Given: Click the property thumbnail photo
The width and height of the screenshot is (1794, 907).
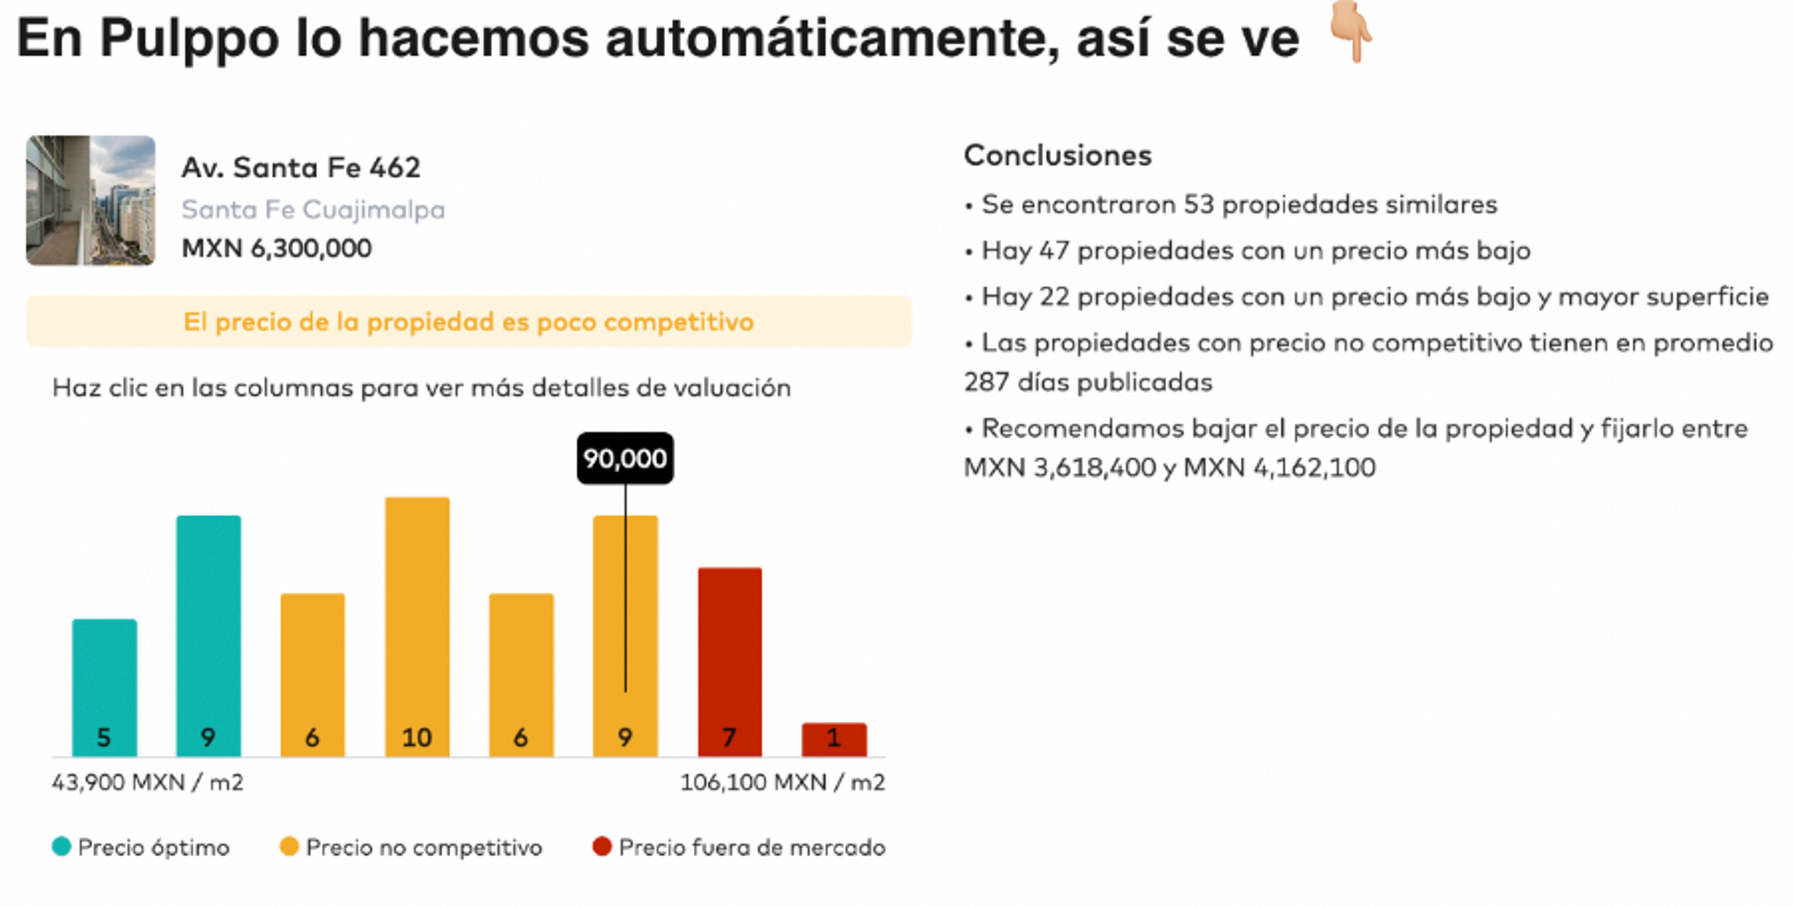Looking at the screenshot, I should click(91, 200).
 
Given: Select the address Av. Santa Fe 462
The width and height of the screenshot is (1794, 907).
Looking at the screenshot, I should click(301, 168).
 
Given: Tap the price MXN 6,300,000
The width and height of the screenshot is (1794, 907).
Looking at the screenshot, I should click(277, 249).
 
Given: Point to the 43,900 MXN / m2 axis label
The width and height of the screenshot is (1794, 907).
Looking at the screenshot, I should click(148, 782).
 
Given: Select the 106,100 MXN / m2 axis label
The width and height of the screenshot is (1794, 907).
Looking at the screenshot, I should click(782, 782).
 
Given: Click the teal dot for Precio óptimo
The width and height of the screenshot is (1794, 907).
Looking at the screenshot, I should click(61, 846).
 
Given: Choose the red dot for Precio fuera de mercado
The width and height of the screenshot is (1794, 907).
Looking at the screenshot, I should click(602, 846).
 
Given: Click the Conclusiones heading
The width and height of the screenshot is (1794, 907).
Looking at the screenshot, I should click(1057, 155).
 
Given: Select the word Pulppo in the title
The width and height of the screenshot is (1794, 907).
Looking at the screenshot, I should click(189, 38).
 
